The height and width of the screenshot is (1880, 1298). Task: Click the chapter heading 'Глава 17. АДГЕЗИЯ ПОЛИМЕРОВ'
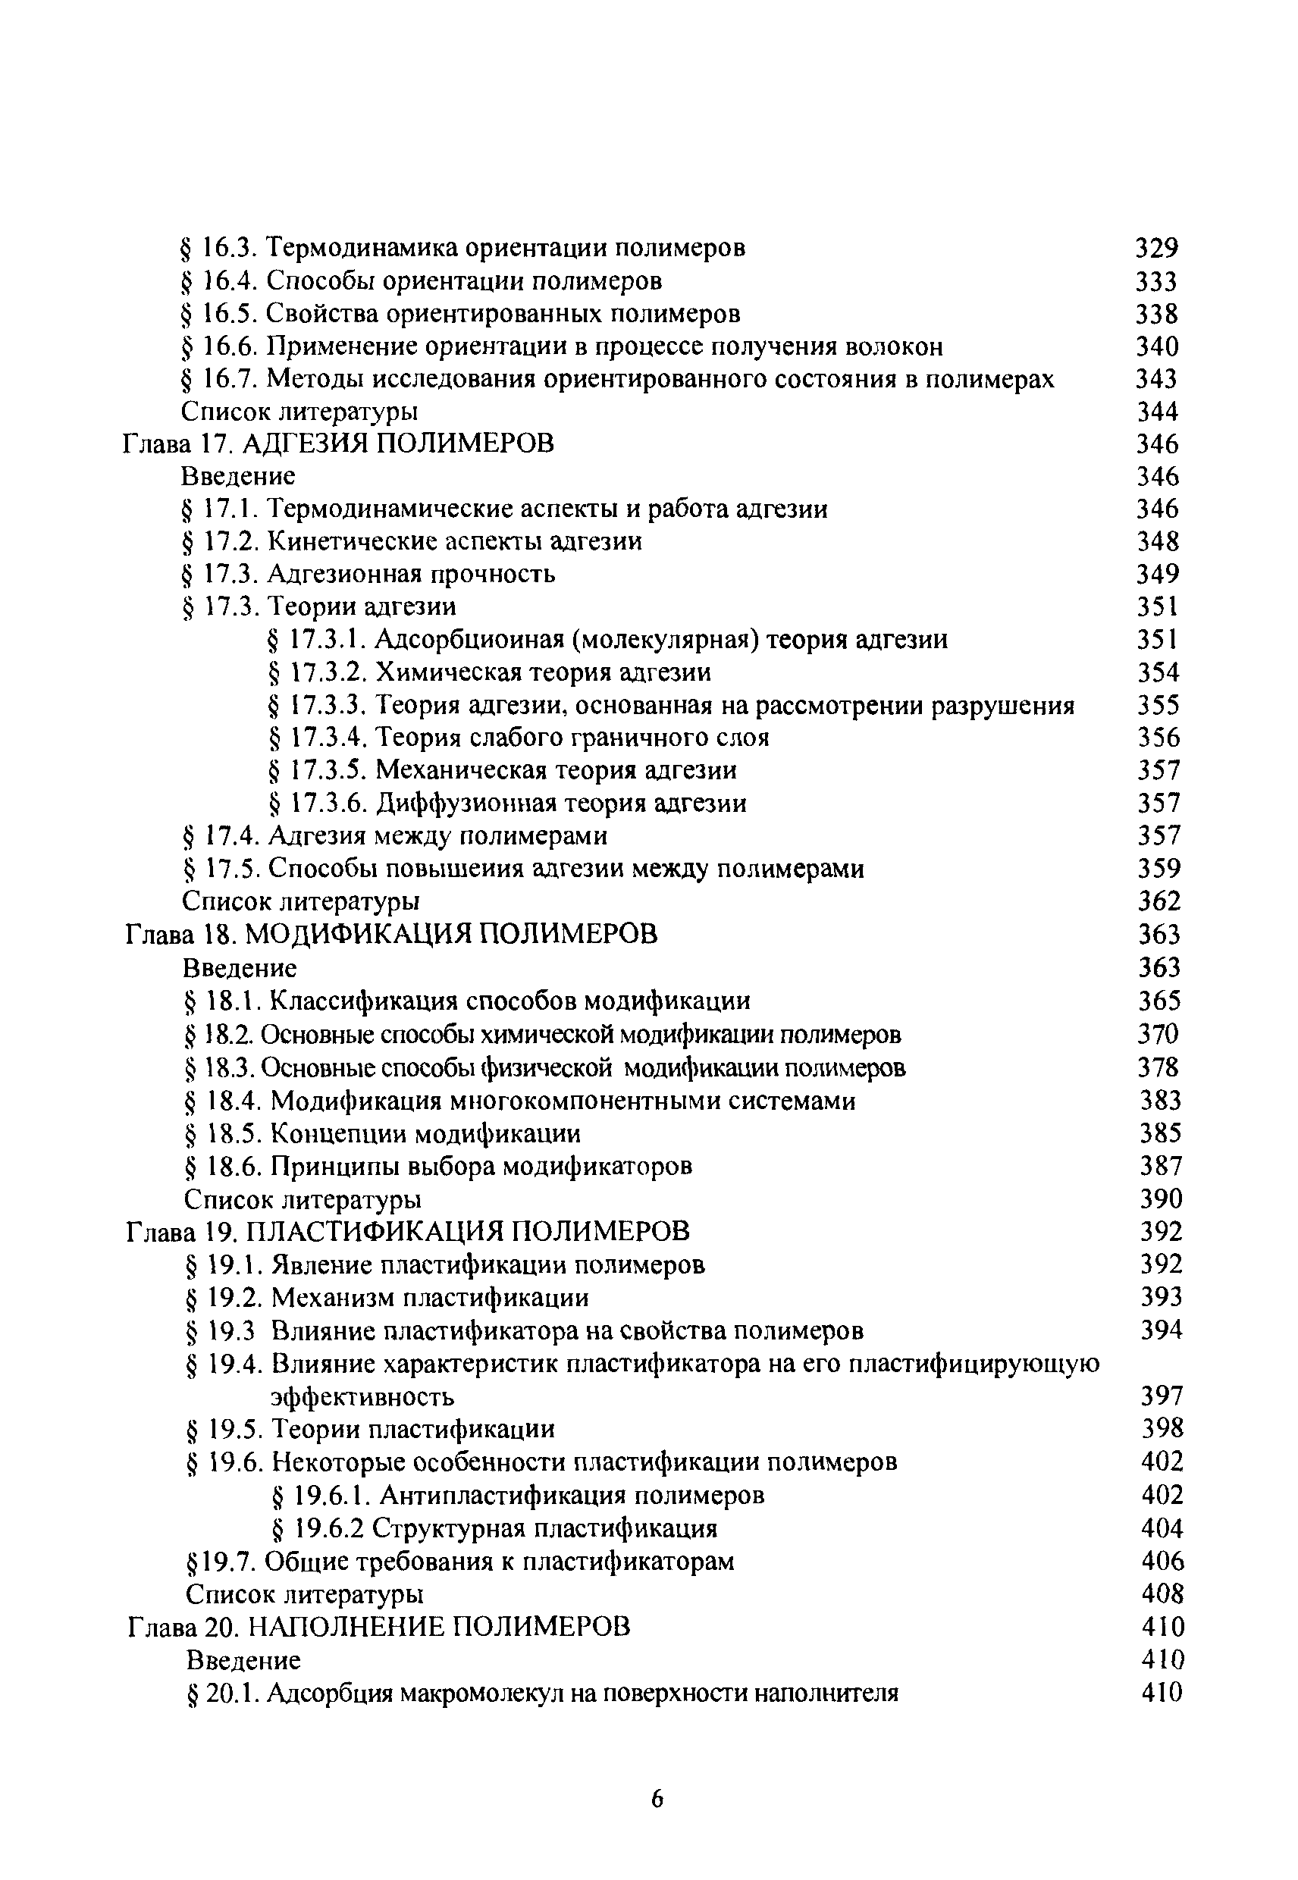pyautogui.click(x=338, y=444)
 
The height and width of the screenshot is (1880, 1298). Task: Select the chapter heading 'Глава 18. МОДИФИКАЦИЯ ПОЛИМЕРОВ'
pyautogui.click(x=391, y=934)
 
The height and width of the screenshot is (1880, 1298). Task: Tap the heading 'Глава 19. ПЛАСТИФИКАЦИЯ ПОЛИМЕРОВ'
pyautogui.click(x=408, y=1232)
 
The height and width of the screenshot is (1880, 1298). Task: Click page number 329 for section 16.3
pyautogui.click(x=1155, y=247)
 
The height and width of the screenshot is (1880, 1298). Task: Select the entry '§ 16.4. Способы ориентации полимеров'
pyautogui.click(x=422, y=281)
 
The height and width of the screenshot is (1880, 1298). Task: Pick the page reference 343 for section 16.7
pyautogui.click(x=1156, y=379)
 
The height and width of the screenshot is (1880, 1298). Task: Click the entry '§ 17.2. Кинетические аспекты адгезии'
pyautogui.click(x=412, y=541)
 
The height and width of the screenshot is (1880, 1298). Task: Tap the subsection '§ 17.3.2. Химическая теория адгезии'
pyautogui.click(x=490, y=672)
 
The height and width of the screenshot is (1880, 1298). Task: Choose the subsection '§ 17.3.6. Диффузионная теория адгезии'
pyautogui.click(x=507, y=804)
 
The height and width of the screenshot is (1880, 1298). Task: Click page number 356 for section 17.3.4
pyautogui.click(x=1158, y=738)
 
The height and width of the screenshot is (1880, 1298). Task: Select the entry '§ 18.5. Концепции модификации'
pyautogui.click(x=383, y=1133)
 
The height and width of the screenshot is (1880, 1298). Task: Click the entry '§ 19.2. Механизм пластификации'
pyautogui.click(x=388, y=1298)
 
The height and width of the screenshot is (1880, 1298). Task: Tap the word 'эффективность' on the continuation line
pyautogui.click(x=362, y=1397)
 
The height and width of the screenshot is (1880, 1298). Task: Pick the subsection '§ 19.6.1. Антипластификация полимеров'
pyautogui.click(x=517, y=1496)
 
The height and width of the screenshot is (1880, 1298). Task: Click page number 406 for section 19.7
pyautogui.click(x=1162, y=1562)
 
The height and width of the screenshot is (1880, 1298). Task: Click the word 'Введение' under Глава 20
pyautogui.click(x=243, y=1659)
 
